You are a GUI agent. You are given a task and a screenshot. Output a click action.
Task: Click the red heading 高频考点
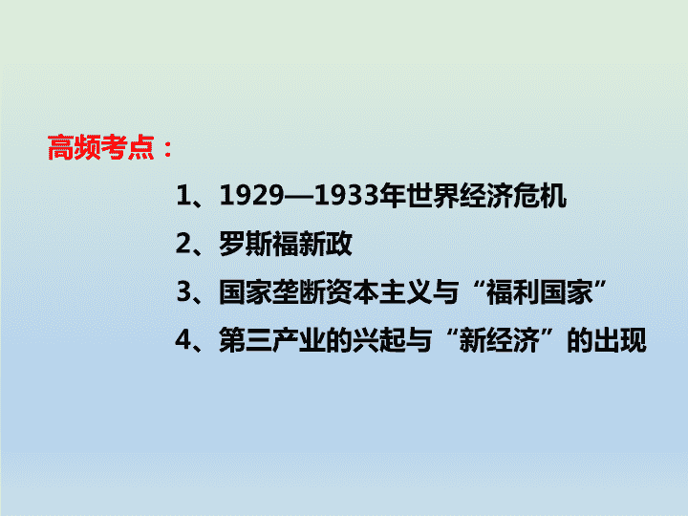tap(101, 147)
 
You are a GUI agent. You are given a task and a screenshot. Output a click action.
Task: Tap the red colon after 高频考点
tap(167, 149)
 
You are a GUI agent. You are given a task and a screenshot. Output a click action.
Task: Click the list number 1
tap(183, 195)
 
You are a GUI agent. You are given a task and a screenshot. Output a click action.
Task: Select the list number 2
tap(183, 244)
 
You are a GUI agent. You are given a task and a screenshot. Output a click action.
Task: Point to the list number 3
tap(183, 291)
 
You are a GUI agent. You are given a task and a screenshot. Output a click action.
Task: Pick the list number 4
tap(183, 340)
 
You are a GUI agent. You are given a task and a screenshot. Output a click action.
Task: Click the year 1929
tap(251, 195)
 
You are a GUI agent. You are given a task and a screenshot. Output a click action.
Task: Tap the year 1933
tap(347, 195)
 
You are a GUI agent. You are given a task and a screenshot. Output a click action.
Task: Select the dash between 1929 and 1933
tap(299, 196)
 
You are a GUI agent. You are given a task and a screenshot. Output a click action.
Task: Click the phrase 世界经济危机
tap(486, 195)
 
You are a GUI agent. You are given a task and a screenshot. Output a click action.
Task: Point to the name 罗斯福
tap(259, 244)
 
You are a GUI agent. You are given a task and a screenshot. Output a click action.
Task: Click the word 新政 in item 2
tap(326, 244)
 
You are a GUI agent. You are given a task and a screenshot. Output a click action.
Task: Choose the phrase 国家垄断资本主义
tap(326, 291)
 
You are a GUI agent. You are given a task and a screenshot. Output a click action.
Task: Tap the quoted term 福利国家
tap(540, 291)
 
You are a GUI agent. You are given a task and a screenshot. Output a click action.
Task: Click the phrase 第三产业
tap(272, 340)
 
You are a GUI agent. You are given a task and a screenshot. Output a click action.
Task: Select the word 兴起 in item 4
tap(378, 340)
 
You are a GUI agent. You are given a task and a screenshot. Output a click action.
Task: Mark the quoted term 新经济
tap(500, 340)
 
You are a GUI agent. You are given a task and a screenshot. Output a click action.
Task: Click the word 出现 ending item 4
tap(620, 340)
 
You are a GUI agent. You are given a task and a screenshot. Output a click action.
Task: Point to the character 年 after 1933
tap(393, 195)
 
